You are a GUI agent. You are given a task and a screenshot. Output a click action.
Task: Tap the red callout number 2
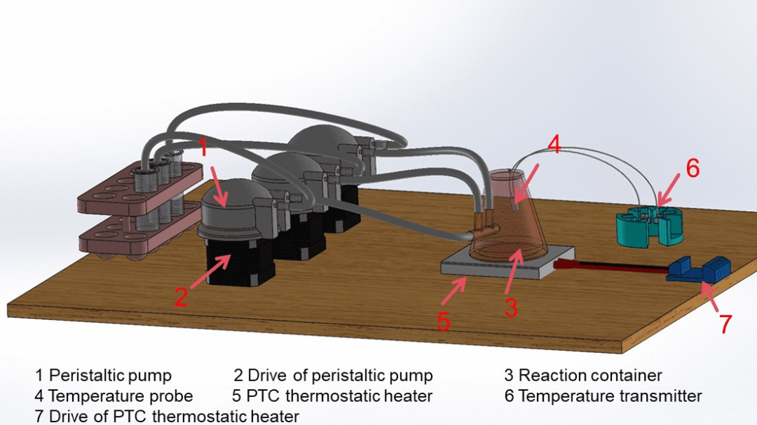[181, 298]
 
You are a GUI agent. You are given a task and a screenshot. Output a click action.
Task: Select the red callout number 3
[511, 306]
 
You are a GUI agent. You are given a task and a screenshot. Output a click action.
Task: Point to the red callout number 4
[554, 145]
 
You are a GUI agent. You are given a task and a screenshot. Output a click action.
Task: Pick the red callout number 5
[443, 320]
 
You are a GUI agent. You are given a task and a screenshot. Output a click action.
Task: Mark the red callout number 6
[693, 168]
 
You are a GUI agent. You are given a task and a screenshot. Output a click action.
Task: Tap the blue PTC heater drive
[698, 269]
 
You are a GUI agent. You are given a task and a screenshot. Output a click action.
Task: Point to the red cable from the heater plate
[610, 268]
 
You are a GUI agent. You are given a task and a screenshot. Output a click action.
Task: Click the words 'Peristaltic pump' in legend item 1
[110, 376]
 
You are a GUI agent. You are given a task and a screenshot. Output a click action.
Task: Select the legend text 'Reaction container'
[590, 376]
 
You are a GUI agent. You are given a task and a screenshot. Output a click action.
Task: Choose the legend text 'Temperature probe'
[121, 396]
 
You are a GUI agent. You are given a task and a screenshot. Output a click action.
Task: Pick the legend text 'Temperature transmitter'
[610, 396]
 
